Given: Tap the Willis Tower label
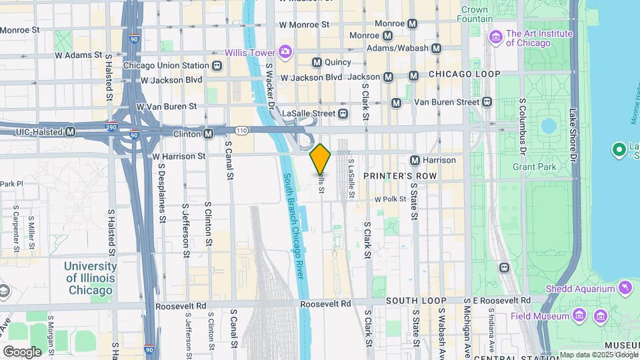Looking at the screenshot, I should click(250, 51).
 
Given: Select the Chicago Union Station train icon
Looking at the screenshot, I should click(217, 65).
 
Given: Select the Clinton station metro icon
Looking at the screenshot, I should click(209, 133).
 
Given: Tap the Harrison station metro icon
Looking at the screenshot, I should click(415, 160).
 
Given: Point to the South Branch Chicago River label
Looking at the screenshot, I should click(295, 227).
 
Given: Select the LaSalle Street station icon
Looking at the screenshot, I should click(343, 113).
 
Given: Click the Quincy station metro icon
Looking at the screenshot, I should click(317, 62).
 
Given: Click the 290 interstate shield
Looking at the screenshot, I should click(112, 125).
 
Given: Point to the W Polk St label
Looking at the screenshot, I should click(390, 199).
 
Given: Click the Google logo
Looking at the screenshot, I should click(22, 351).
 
